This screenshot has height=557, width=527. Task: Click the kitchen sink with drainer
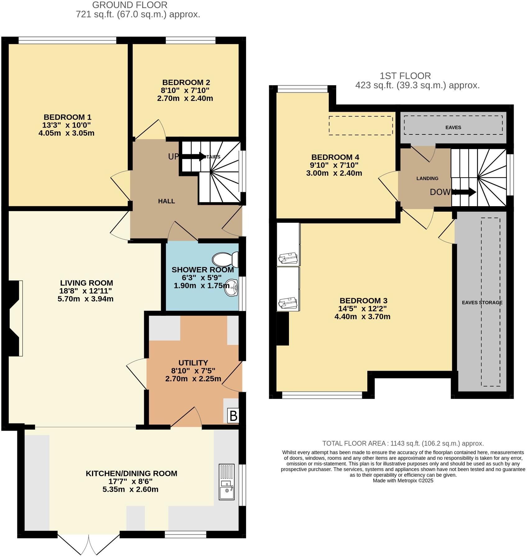tap(227, 482)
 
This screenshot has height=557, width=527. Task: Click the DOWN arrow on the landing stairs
tap(465, 192)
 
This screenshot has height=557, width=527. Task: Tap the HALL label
tap(166, 201)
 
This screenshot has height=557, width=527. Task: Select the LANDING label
tap(427, 178)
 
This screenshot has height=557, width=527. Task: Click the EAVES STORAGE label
tap(482, 302)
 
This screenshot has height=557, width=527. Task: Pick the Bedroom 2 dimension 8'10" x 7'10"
tap(185, 90)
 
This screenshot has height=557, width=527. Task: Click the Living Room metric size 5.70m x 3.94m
tap(85, 299)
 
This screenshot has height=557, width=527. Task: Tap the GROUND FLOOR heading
tap(130, 5)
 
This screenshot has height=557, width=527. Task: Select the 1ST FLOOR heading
tap(405, 76)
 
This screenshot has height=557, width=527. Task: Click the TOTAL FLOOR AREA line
tap(403, 443)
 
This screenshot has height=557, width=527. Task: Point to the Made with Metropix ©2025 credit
tap(403, 481)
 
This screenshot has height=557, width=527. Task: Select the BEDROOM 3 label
tap(363, 301)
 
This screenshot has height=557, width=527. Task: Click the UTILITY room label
tap(193, 363)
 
